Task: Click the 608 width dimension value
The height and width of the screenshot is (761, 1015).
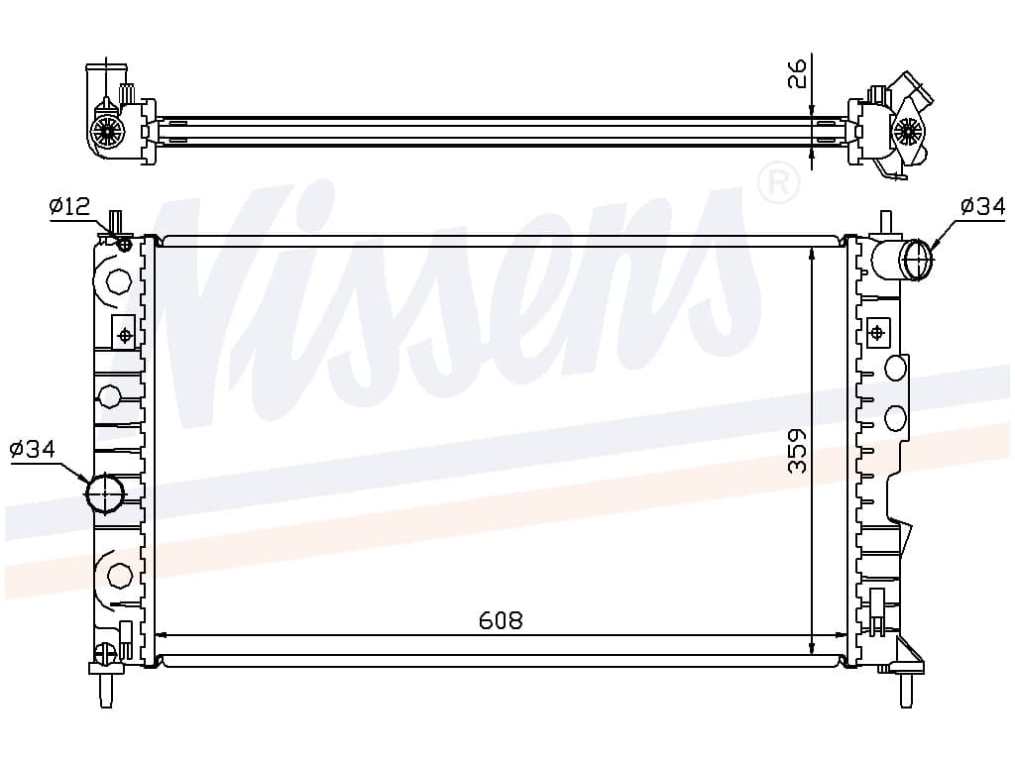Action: point(501,620)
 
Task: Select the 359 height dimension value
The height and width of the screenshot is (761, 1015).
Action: point(798,451)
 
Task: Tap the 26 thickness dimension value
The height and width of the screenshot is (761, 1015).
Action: point(798,73)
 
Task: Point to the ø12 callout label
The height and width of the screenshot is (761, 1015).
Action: point(69,206)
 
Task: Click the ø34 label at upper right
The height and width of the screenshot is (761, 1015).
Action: point(982,206)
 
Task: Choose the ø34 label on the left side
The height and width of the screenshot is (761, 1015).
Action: point(33,449)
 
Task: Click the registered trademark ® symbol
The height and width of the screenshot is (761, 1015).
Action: point(778,183)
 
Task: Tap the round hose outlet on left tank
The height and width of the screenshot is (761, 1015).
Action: point(105,493)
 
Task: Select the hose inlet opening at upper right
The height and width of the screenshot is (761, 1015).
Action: point(919,260)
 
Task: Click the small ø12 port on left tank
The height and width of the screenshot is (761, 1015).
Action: point(125,244)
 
